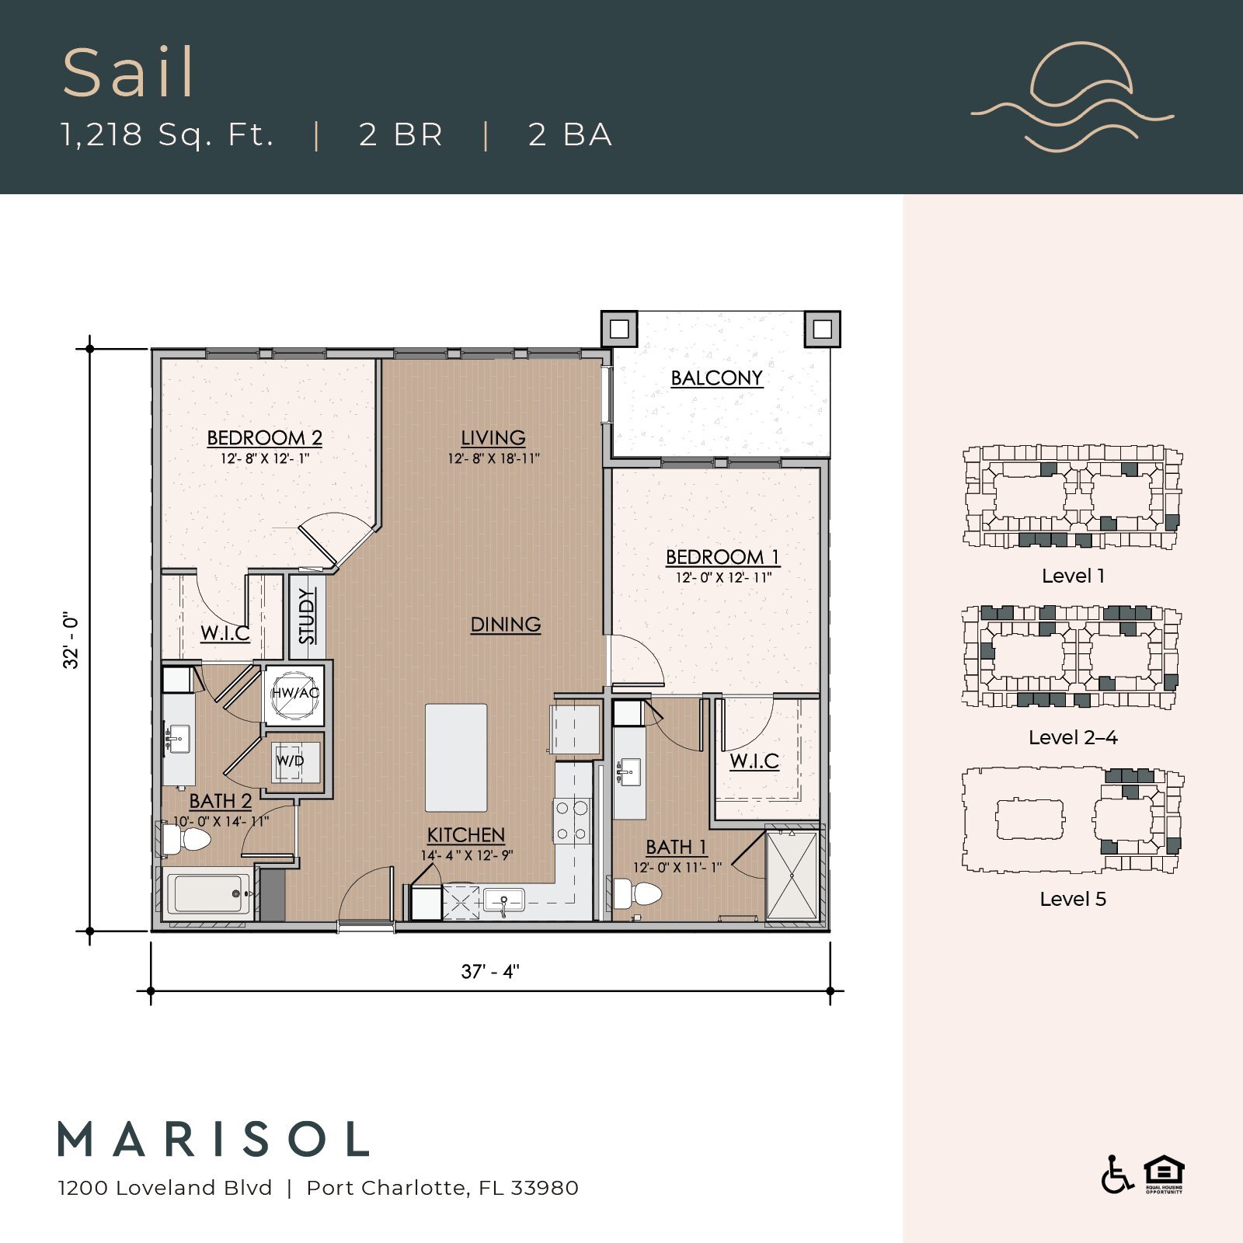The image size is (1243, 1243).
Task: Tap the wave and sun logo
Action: [x=1073, y=97]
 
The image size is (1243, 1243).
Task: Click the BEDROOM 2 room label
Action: [x=264, y=437]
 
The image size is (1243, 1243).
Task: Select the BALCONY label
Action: [x=716, y=378]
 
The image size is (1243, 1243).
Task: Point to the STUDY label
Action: [x=307, y=616]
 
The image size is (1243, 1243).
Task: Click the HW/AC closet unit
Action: [x=294, y=693]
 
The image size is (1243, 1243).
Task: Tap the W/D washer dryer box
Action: [x=291, y=761]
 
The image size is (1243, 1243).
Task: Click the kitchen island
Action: [x=456, y=757]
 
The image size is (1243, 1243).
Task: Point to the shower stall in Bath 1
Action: [x=792, y=876]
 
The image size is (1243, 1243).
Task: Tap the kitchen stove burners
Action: [x=572, y=821]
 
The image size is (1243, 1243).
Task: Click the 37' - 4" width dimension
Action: [x=490, y=972]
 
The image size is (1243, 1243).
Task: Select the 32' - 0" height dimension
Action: [x=71, y=641]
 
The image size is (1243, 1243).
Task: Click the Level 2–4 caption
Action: [x=1072, y=738]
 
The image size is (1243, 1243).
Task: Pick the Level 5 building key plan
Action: [x=1072, y=820]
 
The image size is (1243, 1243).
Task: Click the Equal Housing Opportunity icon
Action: [x=1164, y=1174]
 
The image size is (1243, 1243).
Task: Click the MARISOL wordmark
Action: [x=214, y=1140]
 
